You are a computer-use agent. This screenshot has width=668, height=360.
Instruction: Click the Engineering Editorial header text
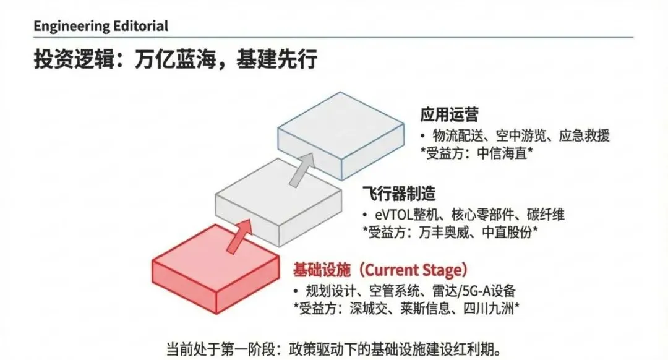coord(100,26)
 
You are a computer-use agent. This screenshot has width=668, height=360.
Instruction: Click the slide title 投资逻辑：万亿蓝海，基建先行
coord(175,59)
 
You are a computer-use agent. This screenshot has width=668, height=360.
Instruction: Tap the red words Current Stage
coord(413,270)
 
